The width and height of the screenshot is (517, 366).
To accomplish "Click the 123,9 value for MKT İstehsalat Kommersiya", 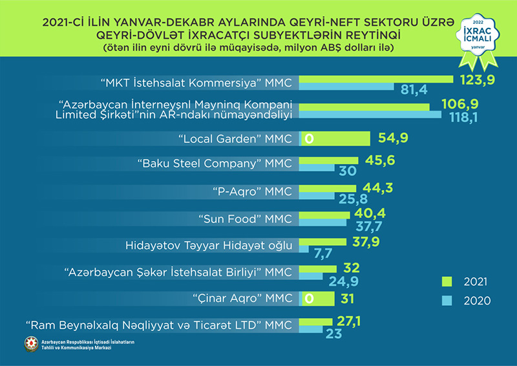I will point(477,80).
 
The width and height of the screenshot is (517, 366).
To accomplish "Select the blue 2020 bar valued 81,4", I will point(348,90).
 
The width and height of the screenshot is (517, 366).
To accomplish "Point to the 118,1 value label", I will point(466,116).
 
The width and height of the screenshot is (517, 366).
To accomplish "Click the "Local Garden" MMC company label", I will point(235,138).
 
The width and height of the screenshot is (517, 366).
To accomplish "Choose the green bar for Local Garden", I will point(342,138).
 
